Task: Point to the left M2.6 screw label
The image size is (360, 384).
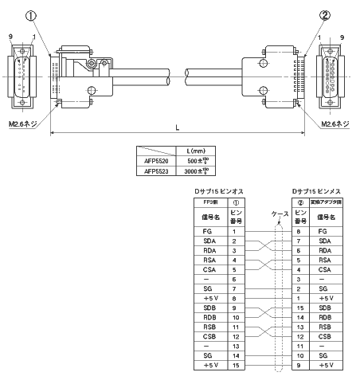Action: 25,123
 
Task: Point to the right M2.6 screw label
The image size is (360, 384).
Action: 334,123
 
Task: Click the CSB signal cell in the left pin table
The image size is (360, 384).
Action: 208,337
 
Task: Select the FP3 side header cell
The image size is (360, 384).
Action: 208,203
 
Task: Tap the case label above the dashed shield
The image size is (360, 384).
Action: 279,214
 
